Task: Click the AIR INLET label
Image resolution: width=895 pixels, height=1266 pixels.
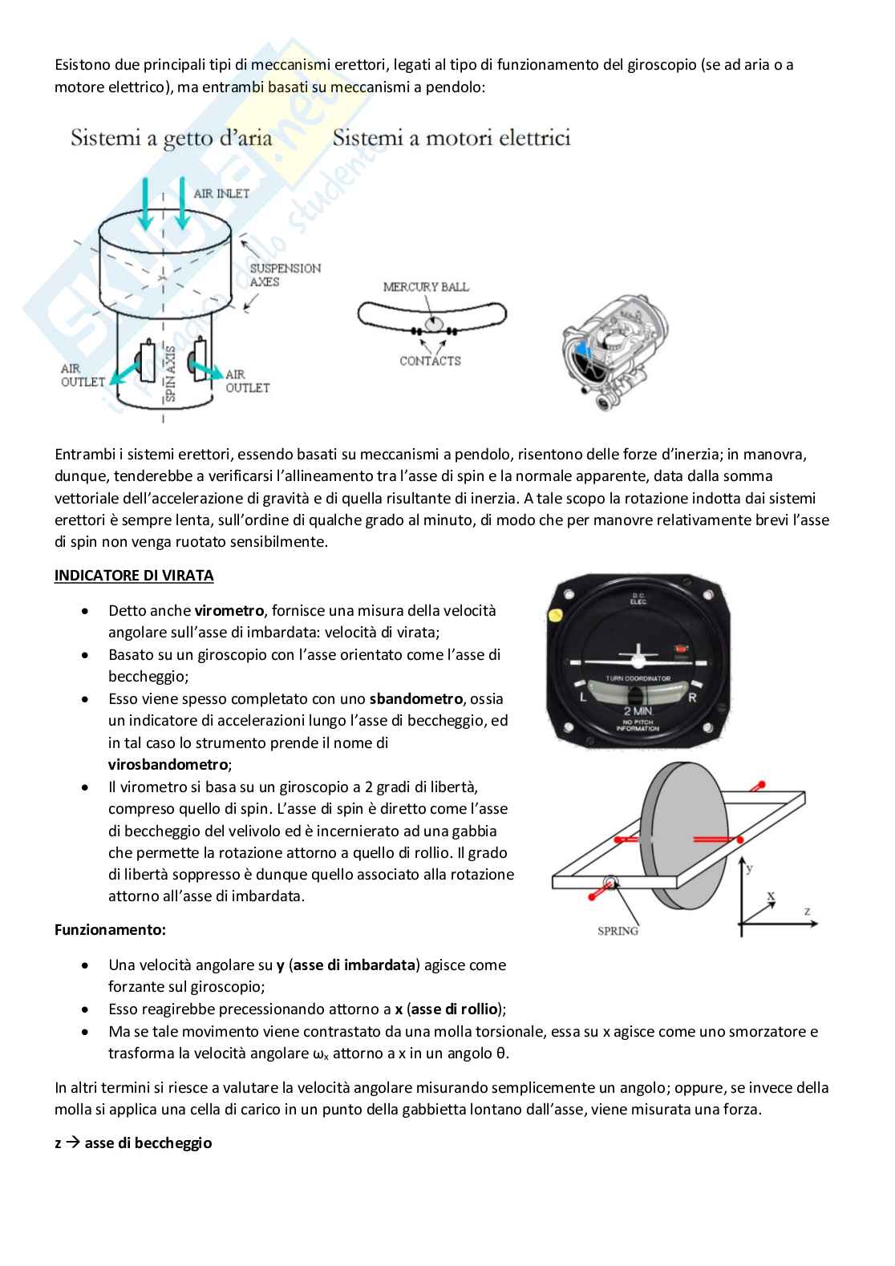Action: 221,194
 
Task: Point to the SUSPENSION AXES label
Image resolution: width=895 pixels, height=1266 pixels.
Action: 285,275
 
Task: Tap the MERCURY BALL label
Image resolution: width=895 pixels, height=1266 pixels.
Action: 426,287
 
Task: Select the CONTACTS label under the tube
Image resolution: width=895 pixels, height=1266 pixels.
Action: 430,361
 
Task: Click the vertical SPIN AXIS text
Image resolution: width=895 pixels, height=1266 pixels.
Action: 169,373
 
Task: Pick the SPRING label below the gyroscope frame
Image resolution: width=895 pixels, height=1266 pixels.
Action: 618,931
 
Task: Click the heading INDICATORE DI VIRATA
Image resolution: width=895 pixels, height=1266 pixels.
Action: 134,576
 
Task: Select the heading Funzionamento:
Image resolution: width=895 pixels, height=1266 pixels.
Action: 110,930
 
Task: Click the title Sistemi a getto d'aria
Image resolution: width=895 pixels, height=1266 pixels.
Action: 171,139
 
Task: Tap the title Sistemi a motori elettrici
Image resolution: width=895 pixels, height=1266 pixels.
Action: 452,139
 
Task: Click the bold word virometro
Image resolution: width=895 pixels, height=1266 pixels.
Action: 229,611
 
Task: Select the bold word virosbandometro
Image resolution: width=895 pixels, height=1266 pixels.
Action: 168,764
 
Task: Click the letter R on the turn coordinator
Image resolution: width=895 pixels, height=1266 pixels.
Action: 692,698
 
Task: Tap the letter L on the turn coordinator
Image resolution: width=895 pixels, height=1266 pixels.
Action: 583,698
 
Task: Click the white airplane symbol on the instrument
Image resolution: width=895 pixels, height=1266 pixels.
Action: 638,654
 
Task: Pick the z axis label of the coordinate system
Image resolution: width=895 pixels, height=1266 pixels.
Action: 807,911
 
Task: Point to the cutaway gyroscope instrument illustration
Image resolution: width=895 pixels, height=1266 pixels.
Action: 615,353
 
